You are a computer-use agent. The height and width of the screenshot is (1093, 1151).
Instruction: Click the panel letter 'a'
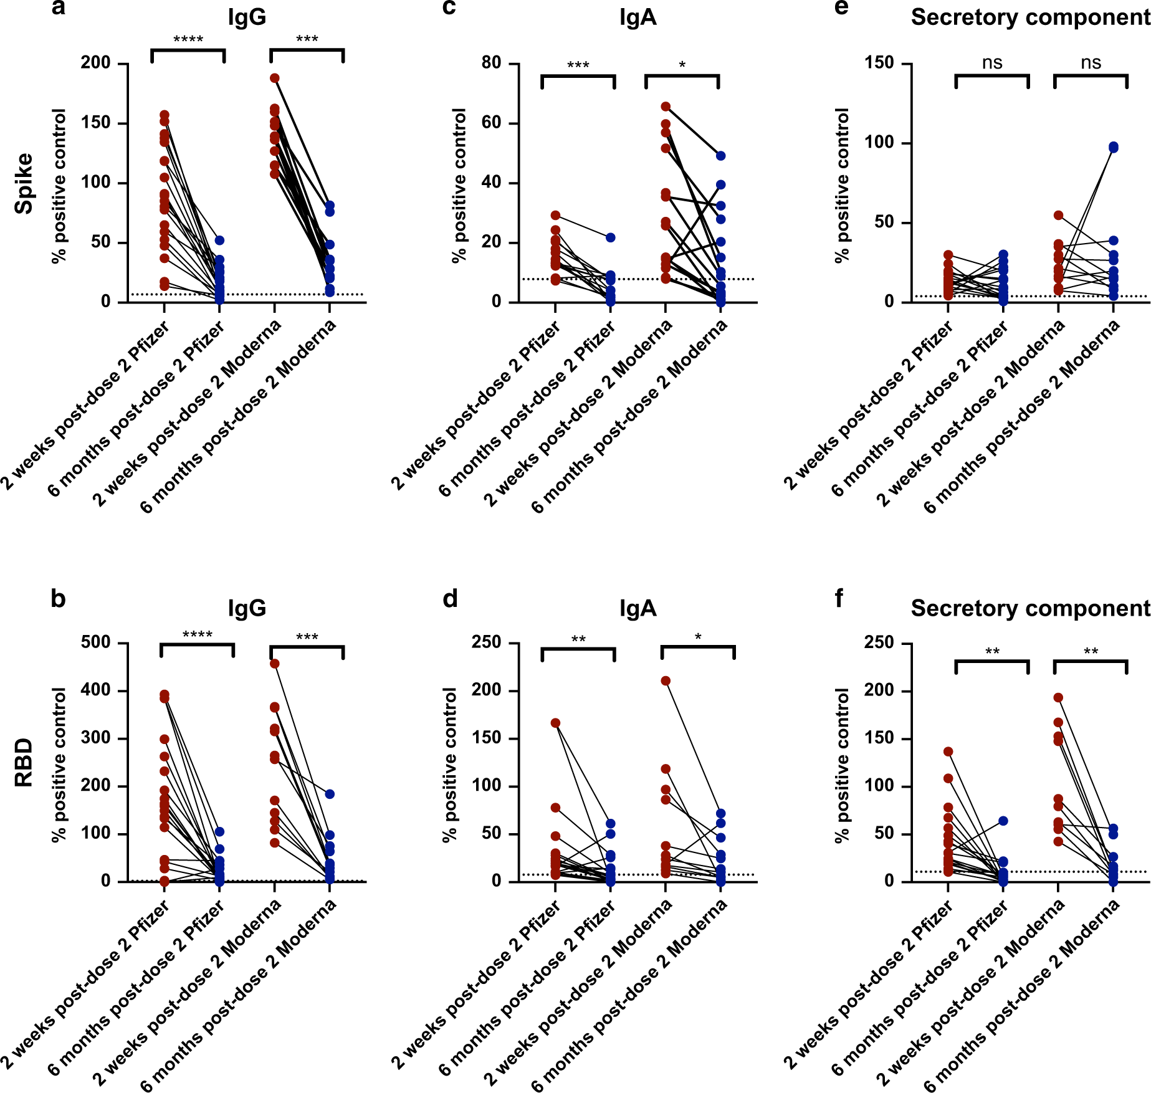point(58,9)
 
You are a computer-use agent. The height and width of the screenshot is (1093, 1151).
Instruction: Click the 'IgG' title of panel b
point(247,608)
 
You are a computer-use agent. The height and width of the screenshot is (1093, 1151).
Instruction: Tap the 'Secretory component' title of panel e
point(1030,17)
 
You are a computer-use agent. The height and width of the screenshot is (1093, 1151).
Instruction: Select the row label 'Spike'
point(24,183)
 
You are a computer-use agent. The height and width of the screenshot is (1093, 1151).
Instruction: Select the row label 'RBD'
point(24,763)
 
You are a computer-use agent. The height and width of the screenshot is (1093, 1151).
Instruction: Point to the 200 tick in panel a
point(95,63)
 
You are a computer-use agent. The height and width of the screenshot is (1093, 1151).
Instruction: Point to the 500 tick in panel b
point(95,642)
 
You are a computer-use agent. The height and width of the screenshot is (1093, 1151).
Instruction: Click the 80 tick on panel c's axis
point(491,63)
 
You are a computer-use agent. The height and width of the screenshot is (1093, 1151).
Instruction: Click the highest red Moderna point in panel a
point(275,79)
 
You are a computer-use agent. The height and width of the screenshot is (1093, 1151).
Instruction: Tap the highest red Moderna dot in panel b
point(275,664)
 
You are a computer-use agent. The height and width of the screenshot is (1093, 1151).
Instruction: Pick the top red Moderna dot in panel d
point(666,681)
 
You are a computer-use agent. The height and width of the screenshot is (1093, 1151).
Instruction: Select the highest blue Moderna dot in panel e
point(1114,147)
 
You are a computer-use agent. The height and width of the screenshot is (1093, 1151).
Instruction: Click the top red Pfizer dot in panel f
point(948,752)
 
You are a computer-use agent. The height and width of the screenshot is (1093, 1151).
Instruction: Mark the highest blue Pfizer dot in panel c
point(611,238)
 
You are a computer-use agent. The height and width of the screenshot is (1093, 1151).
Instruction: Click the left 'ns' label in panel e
point(992,63)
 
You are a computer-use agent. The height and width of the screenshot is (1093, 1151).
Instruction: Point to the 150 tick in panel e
point(879,63)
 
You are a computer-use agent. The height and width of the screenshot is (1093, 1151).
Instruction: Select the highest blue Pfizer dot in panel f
point(1003,821)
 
